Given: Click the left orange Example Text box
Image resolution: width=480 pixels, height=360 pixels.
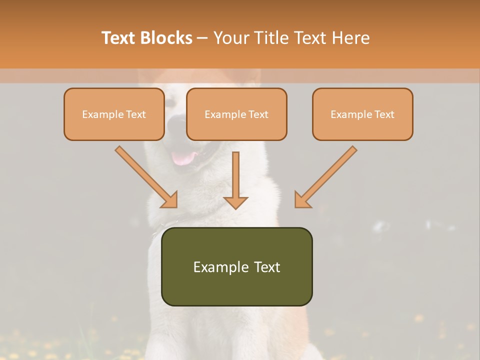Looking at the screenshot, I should tap(114, 114).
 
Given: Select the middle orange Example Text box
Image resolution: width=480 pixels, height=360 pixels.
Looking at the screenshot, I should tap(236, 114).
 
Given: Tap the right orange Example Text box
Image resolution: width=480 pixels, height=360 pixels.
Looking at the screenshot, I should tap(362, 114).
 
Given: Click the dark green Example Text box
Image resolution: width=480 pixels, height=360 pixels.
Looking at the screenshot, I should tap(236, 266).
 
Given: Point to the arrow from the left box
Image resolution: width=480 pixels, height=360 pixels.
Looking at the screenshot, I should tap(145, 176).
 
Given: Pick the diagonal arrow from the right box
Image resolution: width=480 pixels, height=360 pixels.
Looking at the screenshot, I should tap(327, 176).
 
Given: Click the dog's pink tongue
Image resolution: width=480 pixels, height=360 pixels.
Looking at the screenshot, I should tap(183, 158).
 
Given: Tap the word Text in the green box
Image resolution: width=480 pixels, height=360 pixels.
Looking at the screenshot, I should tap(267, 267).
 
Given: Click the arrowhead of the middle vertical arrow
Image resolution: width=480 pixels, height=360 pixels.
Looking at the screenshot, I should tap(235, 202).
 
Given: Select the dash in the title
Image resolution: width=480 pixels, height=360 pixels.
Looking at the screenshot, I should tap(202, 38).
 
